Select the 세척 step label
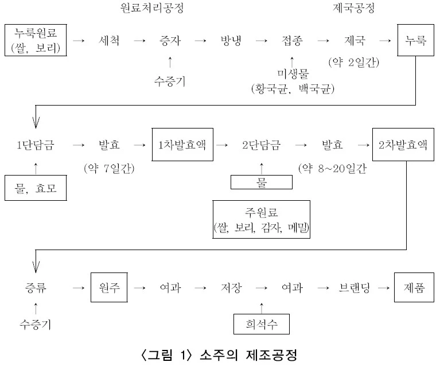[110, 41]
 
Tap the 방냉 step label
[232, 41]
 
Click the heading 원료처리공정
[153, 9]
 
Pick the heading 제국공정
[354, 9]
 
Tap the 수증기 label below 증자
[169, 81]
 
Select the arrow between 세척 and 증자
[139, 41]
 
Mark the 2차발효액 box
[403, 145]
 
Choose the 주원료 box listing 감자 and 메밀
[261, 219]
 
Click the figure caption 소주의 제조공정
[220, 355]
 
